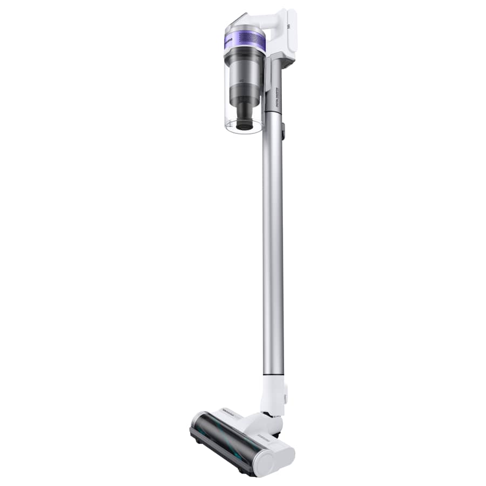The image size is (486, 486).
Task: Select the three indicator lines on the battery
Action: pos(291,25)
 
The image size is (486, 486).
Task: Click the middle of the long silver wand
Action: pos(273,243)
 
